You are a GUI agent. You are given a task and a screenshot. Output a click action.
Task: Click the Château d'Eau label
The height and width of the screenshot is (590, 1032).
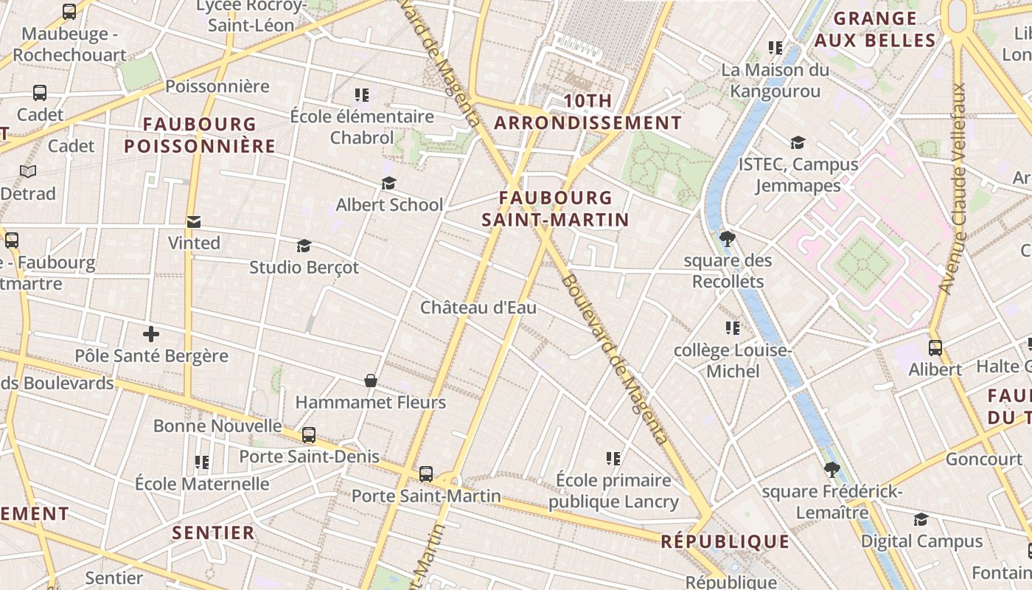(478, 308)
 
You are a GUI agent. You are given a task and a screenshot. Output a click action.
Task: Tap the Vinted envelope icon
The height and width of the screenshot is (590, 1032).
(194, 222)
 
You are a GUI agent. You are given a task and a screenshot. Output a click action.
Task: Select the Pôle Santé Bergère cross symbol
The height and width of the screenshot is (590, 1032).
(151, 335)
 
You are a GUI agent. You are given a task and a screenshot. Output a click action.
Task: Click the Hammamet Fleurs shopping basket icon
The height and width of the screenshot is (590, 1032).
(371, 381)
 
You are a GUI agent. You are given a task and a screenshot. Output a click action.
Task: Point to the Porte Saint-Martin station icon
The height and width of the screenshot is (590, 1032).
(426, 474)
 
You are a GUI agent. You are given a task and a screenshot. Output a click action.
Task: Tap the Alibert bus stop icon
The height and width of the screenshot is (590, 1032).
(935, 348)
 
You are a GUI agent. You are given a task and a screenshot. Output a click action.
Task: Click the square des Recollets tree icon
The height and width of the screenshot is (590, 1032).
(728, 239)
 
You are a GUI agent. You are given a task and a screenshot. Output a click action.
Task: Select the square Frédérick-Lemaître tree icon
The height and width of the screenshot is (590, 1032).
(832, 470)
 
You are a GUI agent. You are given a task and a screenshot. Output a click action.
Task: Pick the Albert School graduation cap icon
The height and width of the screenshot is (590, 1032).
(388, 184)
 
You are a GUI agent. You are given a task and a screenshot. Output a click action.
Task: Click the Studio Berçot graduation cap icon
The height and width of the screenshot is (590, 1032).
(304, 246)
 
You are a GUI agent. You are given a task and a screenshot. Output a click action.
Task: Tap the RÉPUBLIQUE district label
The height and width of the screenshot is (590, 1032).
(725, 542)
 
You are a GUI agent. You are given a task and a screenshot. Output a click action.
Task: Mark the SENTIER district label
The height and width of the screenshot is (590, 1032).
(213, 532)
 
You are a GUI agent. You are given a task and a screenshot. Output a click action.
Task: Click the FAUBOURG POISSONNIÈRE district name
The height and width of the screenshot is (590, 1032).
(200, 135)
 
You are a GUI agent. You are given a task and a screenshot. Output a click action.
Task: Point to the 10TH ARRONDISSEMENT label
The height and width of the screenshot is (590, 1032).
(588, 112)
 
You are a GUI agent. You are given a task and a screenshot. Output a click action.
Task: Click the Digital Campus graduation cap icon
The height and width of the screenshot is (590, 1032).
(921, 520)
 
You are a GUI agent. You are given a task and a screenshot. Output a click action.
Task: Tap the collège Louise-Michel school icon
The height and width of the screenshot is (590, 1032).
(732, 328)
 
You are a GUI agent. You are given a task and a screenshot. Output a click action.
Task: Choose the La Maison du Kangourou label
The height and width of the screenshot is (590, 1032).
(775, 80)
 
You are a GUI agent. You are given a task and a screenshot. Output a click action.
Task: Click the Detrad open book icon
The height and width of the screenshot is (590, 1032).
(28, 172)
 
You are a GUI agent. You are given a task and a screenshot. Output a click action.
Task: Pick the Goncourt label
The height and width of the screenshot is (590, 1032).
(983, 459)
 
